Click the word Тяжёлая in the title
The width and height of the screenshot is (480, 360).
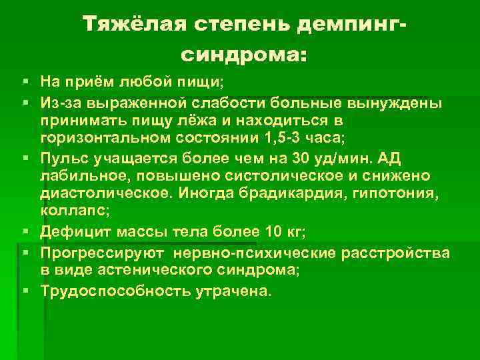(133, 25)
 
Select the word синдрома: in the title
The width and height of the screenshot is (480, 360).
(244, 55)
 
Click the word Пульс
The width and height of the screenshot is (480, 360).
(65, 157)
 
